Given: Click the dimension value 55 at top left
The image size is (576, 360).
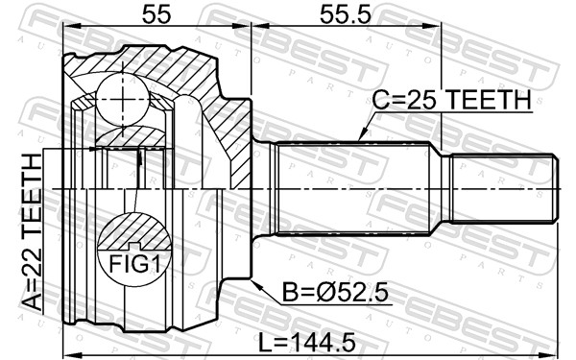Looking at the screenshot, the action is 156,14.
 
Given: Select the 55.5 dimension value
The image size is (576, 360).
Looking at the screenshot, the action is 346,14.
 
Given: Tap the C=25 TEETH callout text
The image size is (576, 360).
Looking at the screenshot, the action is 452,100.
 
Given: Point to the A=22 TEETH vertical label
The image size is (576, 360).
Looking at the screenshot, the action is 32,232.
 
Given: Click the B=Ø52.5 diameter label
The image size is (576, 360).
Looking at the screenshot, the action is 335,293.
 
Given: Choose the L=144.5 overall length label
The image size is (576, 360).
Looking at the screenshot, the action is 307,342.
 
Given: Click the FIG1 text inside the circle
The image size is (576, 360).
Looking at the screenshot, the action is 134,264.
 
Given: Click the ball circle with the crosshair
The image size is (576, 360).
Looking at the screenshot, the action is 123,99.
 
